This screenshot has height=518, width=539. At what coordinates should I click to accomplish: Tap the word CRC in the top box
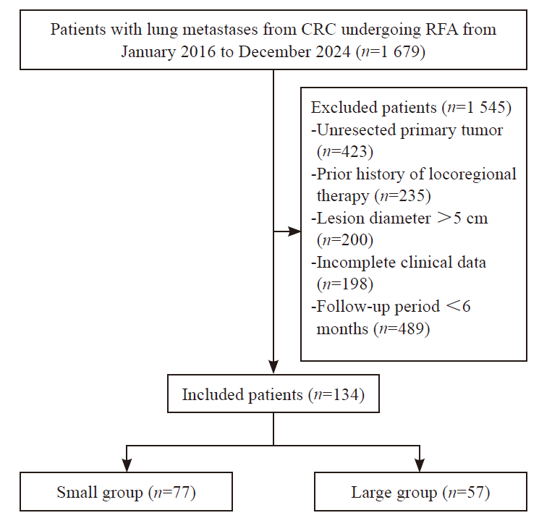point(318,29)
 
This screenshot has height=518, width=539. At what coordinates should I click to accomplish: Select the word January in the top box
point(148,52)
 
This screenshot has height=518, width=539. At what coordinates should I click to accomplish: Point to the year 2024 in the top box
point(333,52)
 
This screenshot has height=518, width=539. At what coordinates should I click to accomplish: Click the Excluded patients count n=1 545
point(477,108)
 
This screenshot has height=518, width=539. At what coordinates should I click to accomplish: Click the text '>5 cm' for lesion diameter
point(462,218)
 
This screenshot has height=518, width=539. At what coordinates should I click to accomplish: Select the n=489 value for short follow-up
point(402,329)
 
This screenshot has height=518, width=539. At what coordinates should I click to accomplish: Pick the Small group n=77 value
point(172,492)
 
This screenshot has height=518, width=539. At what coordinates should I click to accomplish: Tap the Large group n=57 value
point(466,492)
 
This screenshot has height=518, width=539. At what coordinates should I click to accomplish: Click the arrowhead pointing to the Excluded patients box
point(294,232)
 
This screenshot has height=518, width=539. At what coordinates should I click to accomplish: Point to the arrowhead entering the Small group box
point(127,465)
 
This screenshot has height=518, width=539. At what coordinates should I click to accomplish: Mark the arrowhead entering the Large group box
point(420,465)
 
